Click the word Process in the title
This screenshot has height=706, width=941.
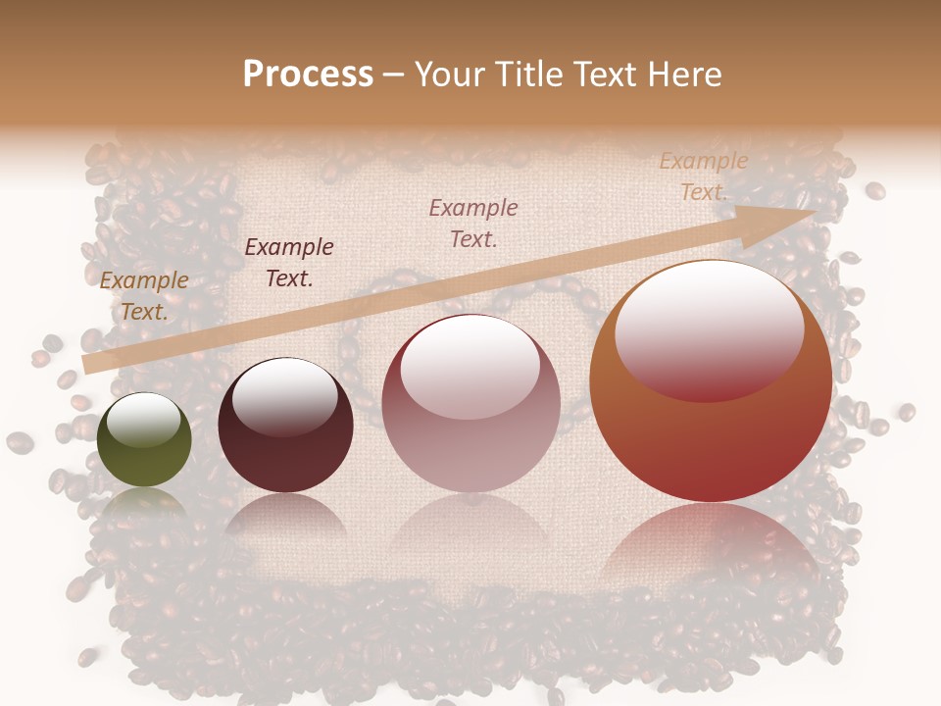(x=308, y=75)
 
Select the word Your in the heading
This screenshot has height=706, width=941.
(x=448, y=75)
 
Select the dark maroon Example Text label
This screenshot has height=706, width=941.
(x=289, y=263)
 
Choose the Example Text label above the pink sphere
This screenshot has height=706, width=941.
(x=473, y=223)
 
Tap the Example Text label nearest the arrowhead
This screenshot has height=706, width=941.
(x=703, y=176)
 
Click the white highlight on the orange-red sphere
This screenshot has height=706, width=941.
(x=709, y=328)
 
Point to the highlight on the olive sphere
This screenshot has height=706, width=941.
(x=144, y=420)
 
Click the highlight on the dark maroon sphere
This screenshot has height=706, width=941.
(x=284, y=396)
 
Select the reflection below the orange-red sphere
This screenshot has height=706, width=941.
(x=711, y=539)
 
